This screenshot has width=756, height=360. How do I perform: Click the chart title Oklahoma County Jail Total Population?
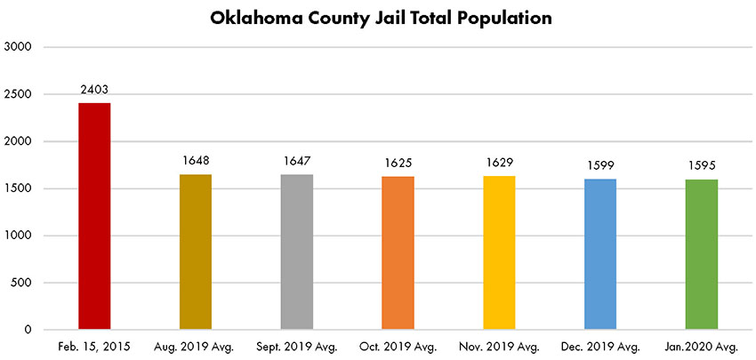(x=377, y=18)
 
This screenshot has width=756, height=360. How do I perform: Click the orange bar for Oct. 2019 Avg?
(x=398, y=252)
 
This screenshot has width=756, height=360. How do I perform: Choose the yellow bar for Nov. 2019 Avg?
(x=499, y=252)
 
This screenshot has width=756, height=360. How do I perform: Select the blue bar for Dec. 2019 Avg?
(x=600, y=254)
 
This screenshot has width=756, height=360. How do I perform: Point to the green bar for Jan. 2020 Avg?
(x=702, y=254)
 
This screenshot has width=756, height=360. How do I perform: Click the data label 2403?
(x=94, y=91)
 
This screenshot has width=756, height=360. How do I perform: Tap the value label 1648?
(x=196, y=162)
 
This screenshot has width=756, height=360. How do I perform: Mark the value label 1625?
(x=398, y=164)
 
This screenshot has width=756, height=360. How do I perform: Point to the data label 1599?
(x=600, y=166)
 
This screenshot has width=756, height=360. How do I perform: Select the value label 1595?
(x=702, y=166)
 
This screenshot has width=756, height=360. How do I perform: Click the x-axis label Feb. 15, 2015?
(x=94, y=347)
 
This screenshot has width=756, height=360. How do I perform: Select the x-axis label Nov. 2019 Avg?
(x=499, y=347)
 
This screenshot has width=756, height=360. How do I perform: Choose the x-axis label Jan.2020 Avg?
(x=702, y=347)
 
